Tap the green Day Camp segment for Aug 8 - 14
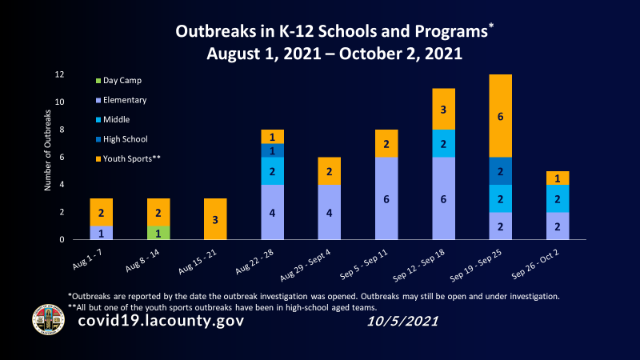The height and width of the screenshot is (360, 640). click(158, 233)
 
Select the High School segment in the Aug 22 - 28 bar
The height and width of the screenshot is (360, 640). click(272, 150)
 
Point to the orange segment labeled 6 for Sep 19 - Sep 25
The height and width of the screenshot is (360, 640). click(500, 116)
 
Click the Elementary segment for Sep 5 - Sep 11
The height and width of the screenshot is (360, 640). click(386, 198)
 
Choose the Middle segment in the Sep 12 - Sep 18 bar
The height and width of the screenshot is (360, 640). click(443, 143)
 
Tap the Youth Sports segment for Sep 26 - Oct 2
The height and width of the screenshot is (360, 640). click(557, 178)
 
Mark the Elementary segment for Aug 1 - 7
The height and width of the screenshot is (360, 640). click(102, 233)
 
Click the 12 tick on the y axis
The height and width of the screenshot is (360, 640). click(59, 74)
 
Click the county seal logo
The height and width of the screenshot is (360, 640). click(47, 319)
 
